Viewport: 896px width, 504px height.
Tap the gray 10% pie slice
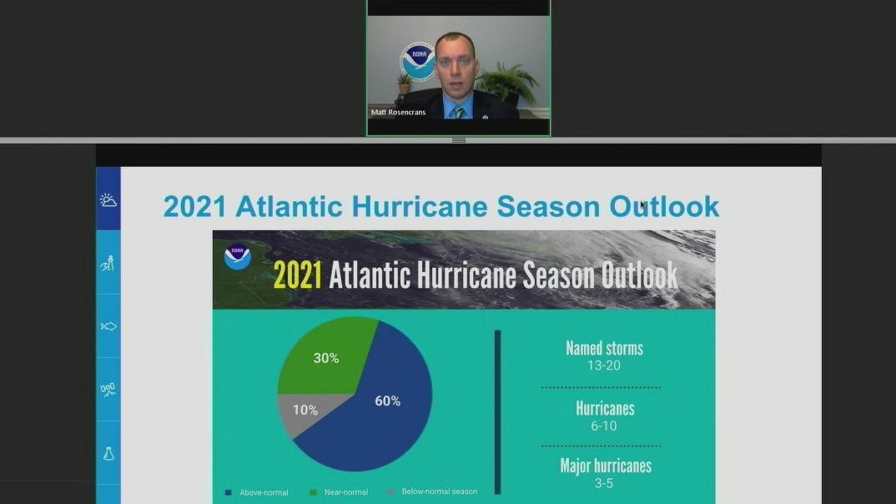305,411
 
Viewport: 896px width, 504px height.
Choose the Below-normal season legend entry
432,491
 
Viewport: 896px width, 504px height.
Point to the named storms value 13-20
604,365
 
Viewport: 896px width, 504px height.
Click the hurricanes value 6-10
604,426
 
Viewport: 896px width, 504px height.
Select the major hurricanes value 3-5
603,483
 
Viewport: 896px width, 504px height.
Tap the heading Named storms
605,349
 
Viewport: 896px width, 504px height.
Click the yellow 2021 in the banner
298,275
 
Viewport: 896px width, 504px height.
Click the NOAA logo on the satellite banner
238,256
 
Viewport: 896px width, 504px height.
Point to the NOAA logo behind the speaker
418,61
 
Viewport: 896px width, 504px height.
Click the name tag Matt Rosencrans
398,112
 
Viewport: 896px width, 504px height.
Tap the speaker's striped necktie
460,113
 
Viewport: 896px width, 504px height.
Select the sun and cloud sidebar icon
108,199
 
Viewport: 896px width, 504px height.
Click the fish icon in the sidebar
108,326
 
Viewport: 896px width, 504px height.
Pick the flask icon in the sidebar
108,454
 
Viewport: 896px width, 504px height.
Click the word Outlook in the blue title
664,206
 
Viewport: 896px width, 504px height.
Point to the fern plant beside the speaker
508,83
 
